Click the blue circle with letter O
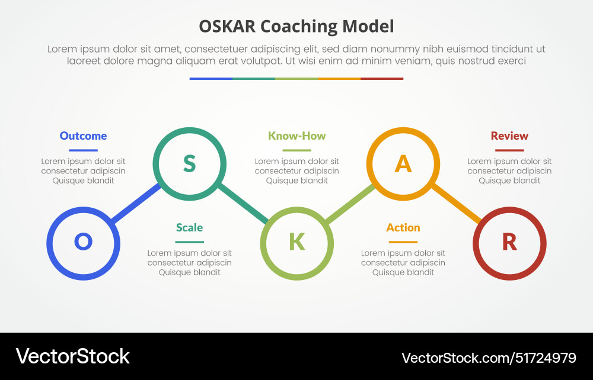pos(83,243)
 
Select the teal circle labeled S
pos(189,163)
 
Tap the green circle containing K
pos(296,243)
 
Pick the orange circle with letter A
pos(403,163)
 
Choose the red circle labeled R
pos(509,243)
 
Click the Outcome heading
pos(83,136)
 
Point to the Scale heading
pos(189,227)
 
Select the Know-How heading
pos(296,136)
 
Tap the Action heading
pos(403,227)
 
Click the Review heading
pos(509,136)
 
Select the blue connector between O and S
pos(136,204)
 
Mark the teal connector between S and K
pos(243,203)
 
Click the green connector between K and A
pos(350,204)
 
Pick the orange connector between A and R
pos(456,203)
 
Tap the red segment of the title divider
pos(382,79)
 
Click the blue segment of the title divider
pos(211,79)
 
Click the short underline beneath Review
pos(509,150)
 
